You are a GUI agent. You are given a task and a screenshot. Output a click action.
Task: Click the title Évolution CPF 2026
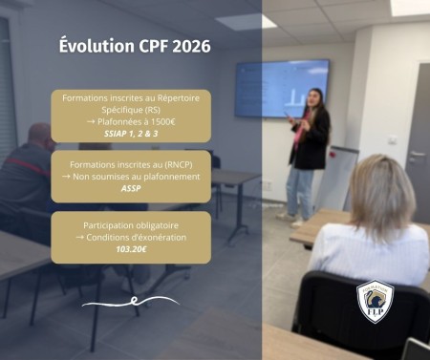tap(130, 46)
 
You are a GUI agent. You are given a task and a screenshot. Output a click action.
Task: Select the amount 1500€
tap(173, 122)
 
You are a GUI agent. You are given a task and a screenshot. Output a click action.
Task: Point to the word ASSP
tap(131, 189)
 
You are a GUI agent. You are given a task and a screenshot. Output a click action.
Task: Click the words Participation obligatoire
tap(131, 223)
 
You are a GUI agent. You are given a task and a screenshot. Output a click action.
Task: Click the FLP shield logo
tap(375, 302)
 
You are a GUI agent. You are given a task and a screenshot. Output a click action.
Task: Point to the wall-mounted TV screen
tap(281, 89)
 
